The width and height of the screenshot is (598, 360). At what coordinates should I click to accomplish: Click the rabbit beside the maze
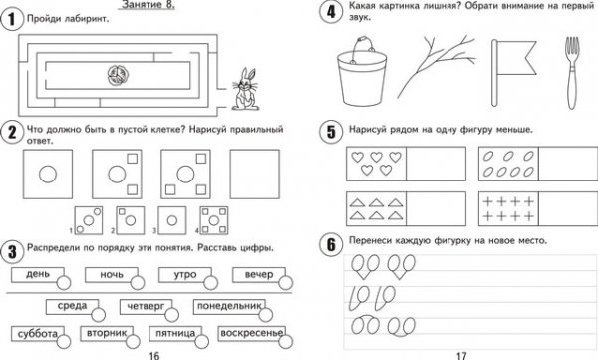click(x=245, y=90)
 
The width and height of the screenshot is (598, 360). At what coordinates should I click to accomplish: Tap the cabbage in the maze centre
click(x=118, y=75)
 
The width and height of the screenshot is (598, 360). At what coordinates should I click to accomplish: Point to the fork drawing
click(x=572, y=73)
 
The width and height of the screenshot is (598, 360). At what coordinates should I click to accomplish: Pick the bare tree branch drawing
click(x=436, y=66)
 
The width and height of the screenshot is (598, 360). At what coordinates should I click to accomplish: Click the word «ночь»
click(x=112, y=274)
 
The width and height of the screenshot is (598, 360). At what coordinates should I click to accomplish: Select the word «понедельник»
click(x=229, y=306)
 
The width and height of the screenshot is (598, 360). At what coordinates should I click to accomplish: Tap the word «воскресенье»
click(x=252, y=333)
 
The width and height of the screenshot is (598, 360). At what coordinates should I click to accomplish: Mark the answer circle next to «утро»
click(x=211, y=283)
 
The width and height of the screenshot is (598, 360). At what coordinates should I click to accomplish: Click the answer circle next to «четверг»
click(x=172, y=315)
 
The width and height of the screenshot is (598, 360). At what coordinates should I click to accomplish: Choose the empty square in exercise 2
click(x=255, y=175)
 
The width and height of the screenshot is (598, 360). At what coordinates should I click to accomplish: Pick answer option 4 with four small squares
click(x=214, y=220)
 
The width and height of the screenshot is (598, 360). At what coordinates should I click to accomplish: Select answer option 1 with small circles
click(x=89, y=220)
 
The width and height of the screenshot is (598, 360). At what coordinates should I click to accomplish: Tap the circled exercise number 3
click(x=12, y=252)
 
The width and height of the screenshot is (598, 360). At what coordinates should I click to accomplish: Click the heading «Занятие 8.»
click(x=149, y=5)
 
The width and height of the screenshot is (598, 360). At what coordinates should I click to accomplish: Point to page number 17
click(x=461, y=356)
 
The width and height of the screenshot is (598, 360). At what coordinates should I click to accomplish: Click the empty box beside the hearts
click(x=436, y=164)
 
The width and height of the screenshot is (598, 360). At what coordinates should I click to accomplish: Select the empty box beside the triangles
click(x=436, y=208)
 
